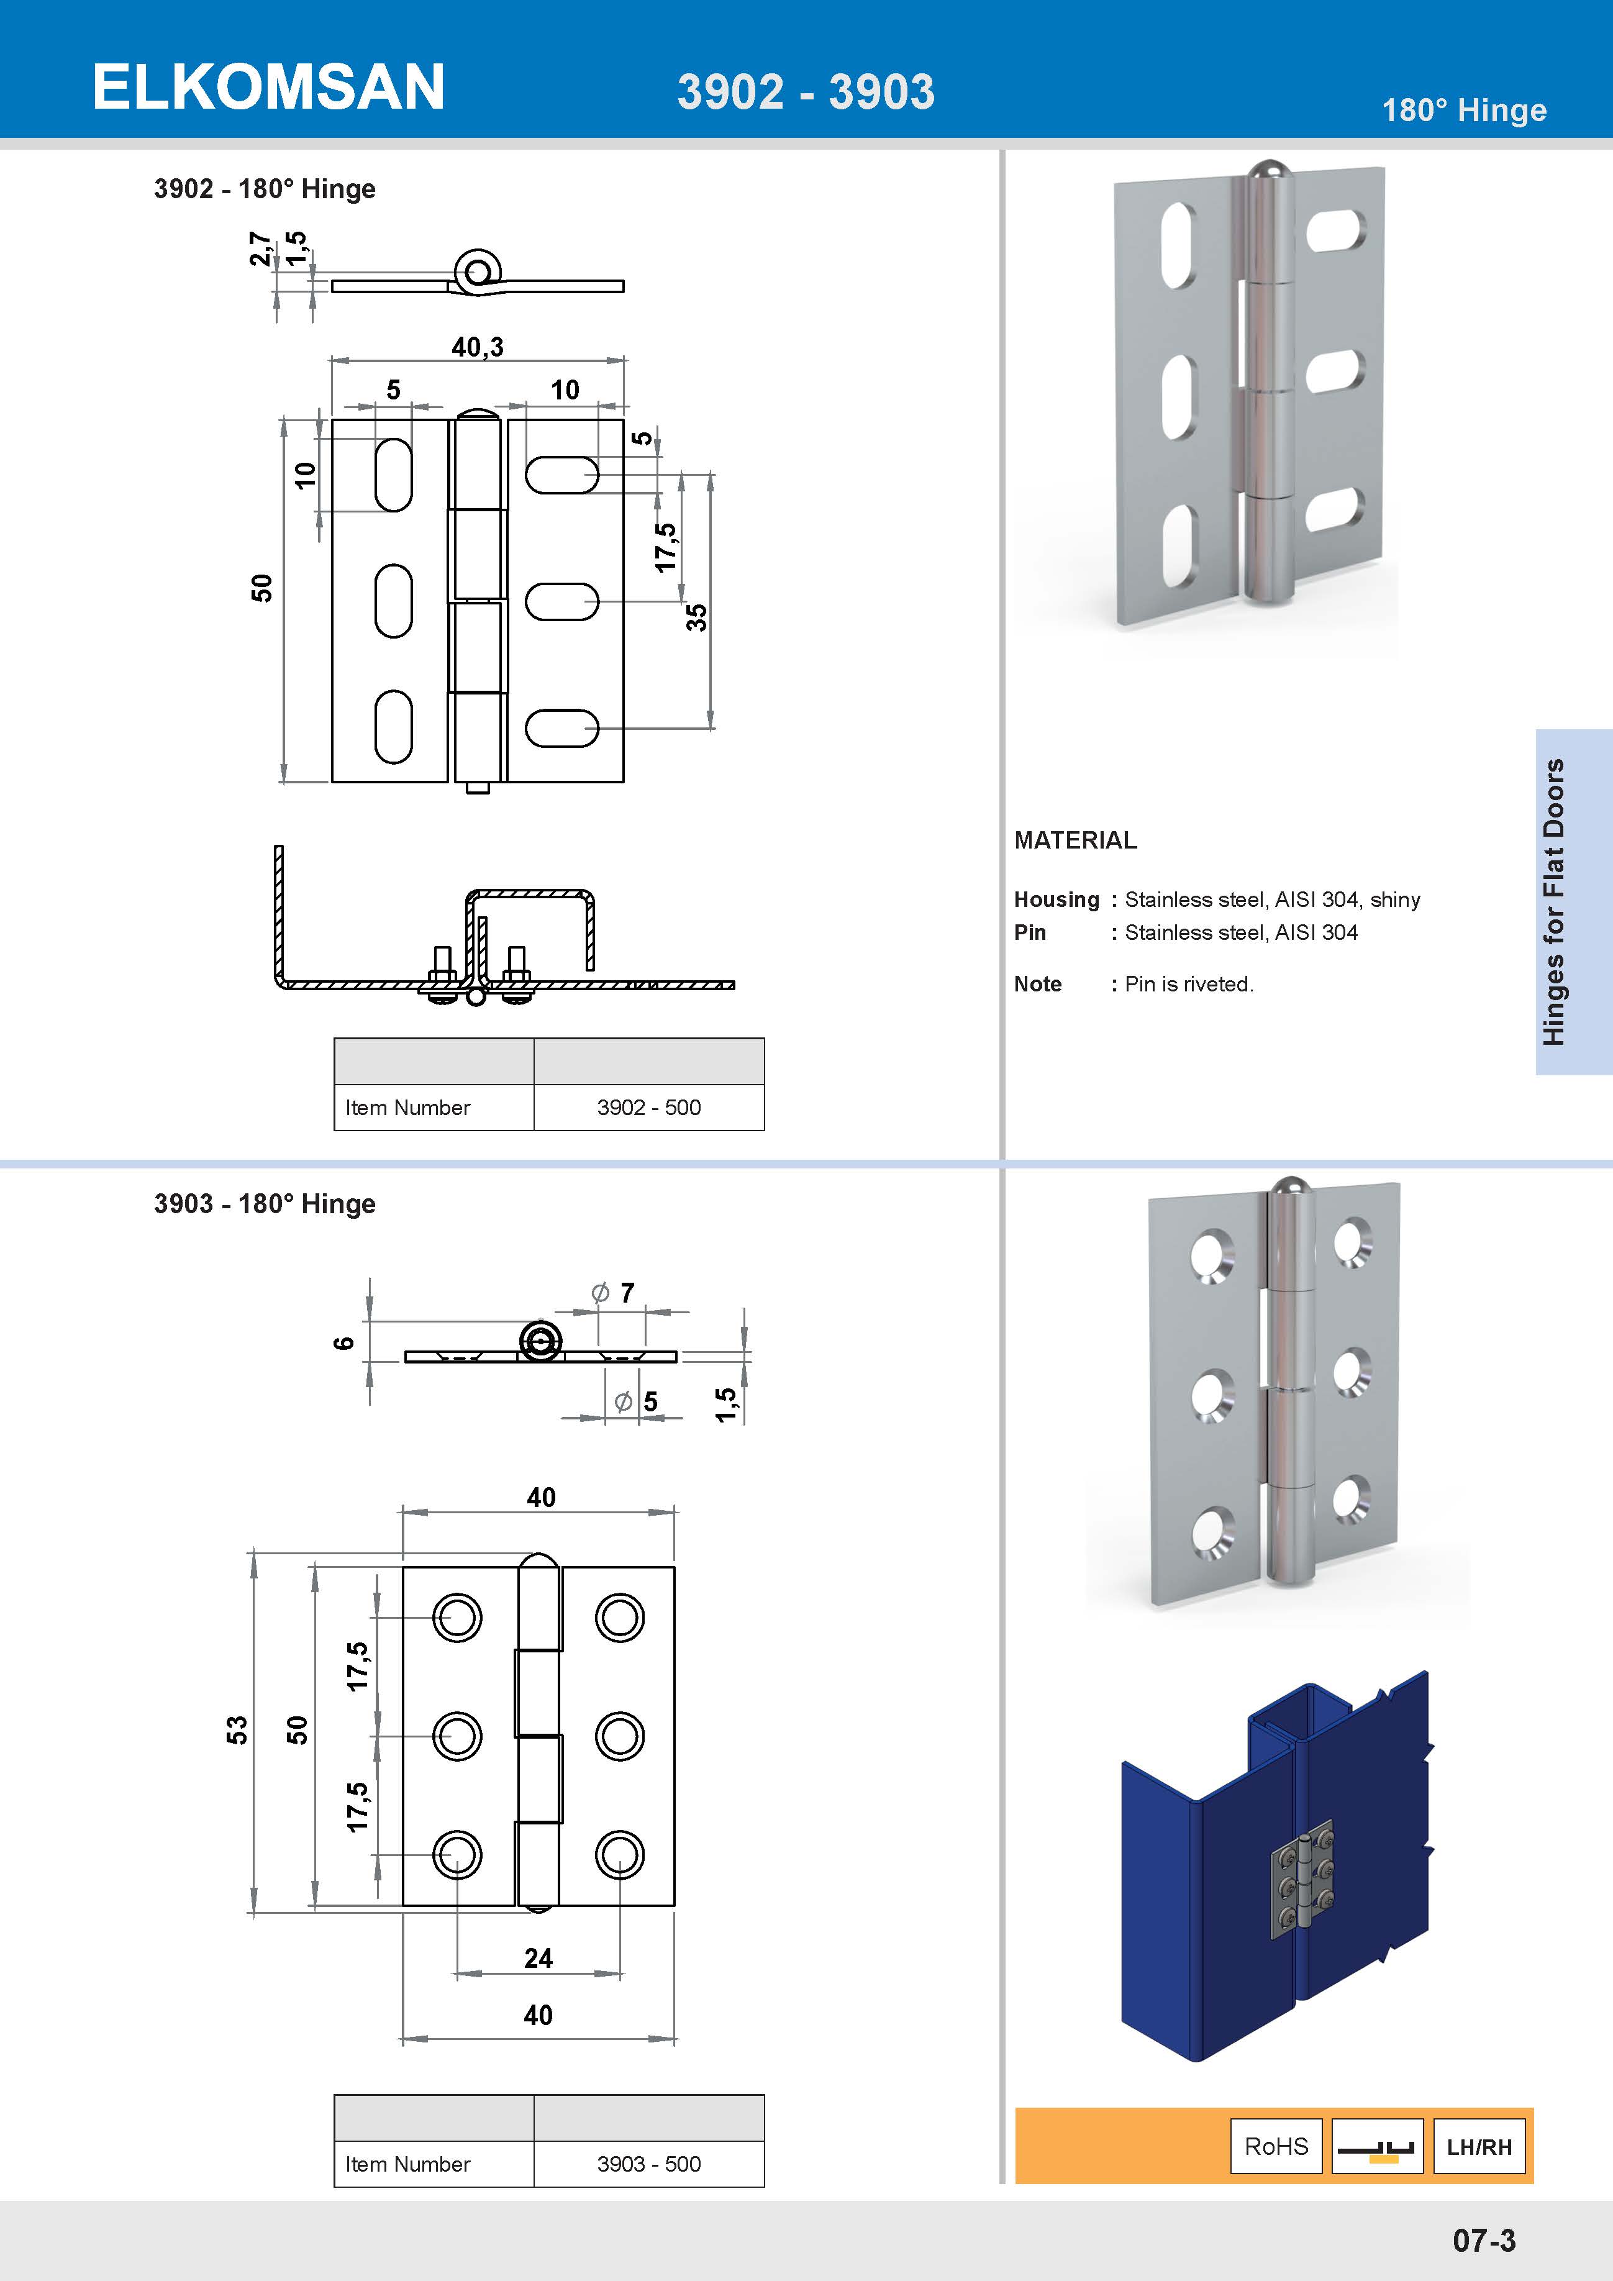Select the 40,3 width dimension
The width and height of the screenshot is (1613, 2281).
[x=478, y=347]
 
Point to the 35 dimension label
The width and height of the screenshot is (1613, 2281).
[x=697, y=617]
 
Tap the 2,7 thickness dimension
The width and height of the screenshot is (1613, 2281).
[x=259, y=248]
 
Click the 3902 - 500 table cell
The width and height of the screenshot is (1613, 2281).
[x=648, y=1107]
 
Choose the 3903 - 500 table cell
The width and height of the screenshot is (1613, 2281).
[x=648, y=2163]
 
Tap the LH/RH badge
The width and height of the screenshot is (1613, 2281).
[x=1478, y=2146]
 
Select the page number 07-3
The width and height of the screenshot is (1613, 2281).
[x=1484, y=2240]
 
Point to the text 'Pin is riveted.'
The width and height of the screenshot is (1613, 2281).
[x=1189, y=983]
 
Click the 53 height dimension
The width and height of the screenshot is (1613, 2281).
[x=237, y=1729]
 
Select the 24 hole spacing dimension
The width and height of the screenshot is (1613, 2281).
[x=538, y=1957]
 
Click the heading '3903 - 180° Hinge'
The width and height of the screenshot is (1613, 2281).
[x=264, y=1203]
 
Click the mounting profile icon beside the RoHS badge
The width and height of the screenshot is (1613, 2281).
[x=1376, y=2146]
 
